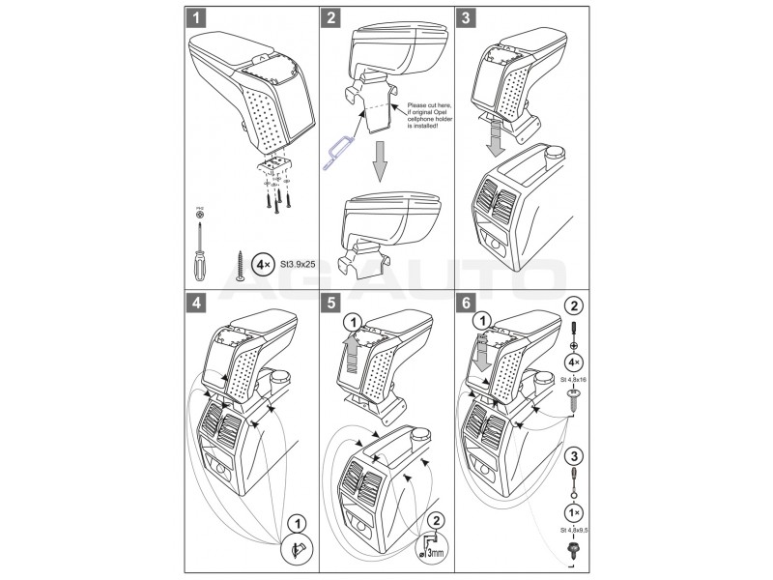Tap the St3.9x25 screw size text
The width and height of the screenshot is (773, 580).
[x=298, y=262]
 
